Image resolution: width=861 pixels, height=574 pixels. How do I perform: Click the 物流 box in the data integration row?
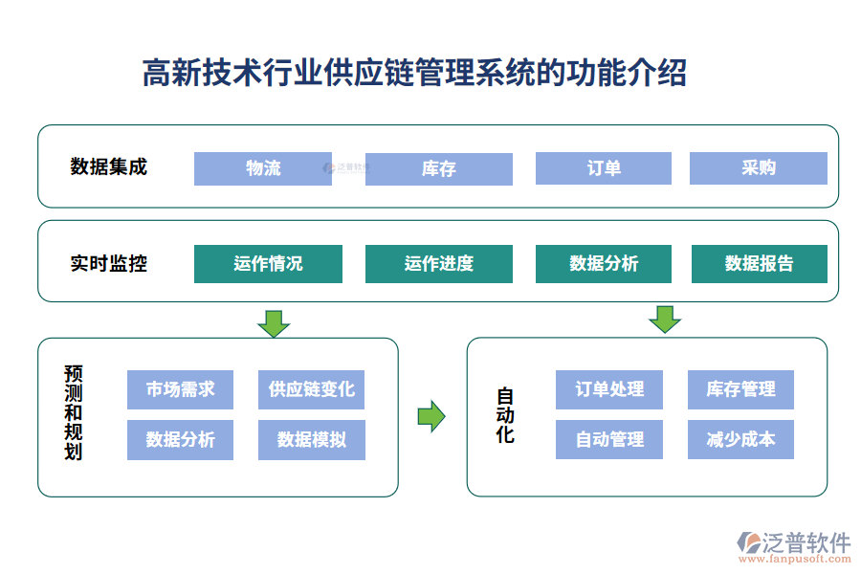pyautogui.click(x=263, y=168)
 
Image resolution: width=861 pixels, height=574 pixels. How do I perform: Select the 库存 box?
pyautogui.click(x=438, y=168)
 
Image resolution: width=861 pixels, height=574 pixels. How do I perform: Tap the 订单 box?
pyautogui.click(x=604, y=168)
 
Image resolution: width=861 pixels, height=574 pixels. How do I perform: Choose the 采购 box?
pyautogui.click(x=759, y=168)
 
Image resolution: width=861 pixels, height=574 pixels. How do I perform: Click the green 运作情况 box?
pyautogui.click(x=268, y=264)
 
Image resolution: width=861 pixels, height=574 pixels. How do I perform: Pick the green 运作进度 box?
pyautogui.click(x=438, y=264)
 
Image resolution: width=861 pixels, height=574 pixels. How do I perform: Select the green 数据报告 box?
pyautogui.click(x=759, y=264)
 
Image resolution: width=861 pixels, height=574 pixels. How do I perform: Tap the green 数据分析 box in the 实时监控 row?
pyautogui.click(x=604, y=264)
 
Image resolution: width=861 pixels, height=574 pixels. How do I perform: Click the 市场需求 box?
pyautogui.click(x=180, y=389)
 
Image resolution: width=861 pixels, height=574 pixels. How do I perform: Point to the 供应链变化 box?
pyautogui.click(x=312, y=389)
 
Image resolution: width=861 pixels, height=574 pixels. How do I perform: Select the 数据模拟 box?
pyautogui.click(x=312, y=440)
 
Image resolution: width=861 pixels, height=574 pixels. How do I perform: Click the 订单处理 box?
pyautogui.click(x=609, y=389)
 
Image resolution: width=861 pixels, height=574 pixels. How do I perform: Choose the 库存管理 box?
pyautogui.click(x=740, y=389)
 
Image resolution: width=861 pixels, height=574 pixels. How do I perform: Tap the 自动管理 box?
pyautogui.click(x=609, y=440)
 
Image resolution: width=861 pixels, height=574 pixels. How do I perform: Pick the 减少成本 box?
pyautogui.click(x=740, y=440)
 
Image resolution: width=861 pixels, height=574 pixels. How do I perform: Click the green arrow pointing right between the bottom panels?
pyautogui.click(x=431, y=416)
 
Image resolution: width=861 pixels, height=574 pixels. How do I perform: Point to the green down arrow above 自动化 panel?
pyautogui.click(x=664, y=319)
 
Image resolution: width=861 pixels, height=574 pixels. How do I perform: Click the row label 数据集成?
pyautogui.click(x=109, y=167)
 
